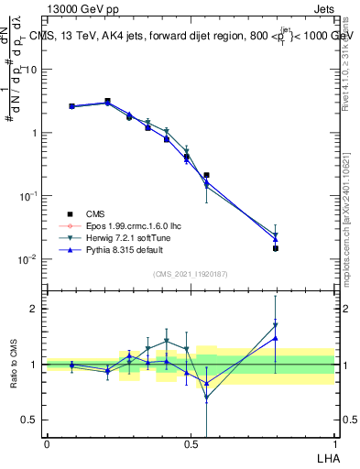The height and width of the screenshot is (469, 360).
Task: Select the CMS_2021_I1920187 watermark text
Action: click(x=190, y=274)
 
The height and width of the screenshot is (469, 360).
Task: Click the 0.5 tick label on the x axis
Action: click(x=191, y=443)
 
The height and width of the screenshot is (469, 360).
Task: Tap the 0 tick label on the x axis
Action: click(x=47, y=443)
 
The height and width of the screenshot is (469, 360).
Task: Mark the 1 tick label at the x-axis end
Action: click(x=334, y=443)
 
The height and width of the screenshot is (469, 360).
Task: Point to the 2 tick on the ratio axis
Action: click(x=34, y=309)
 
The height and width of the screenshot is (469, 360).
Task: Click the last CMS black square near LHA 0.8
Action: click(x=275, y=248)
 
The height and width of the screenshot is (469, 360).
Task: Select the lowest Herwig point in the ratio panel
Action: click(x=206, y=398)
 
